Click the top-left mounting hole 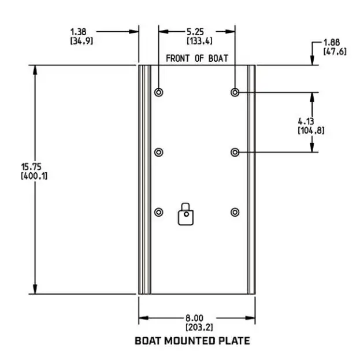pyautogui.click(x=159, y=92)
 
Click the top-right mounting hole pyautogui.click(x=235, y=92)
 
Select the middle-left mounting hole pyautogui.click(x=159, y=152)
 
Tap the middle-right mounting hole pyautogui.click(x=235, y=152)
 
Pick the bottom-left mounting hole pyautogui.click(x=159, y=212)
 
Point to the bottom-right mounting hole pyautogui.click(x=235, y=212)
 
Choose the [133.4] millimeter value pyautogui.click(x=197, y=40)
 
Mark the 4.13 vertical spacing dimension pyautogui.click(x=306, y=121)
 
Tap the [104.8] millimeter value pyautogui.click(x=311, y=130)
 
